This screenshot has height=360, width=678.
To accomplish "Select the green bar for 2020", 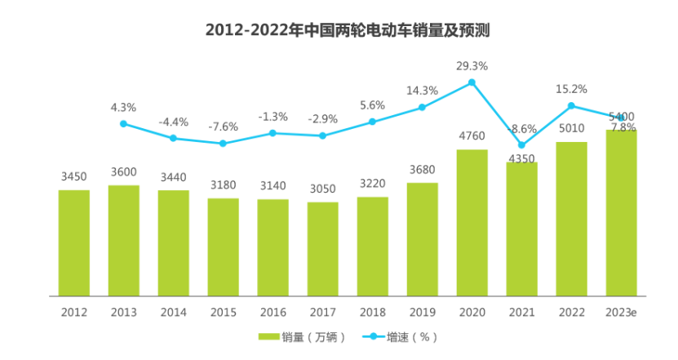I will (472, 222).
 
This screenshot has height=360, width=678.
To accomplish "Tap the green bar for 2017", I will (322, 248).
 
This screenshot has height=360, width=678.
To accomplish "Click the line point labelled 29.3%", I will (472, 82).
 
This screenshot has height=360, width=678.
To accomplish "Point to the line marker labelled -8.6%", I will (521, 145).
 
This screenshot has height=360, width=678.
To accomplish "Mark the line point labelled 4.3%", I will (123, 124).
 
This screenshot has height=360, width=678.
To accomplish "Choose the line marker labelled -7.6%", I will (223, 144).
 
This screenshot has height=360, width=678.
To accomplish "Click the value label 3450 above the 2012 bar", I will (74, 176).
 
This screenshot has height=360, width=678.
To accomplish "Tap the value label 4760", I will (472, 136).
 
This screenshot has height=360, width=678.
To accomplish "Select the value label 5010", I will (571, 128).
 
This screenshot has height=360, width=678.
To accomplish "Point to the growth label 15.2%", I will (571, 89).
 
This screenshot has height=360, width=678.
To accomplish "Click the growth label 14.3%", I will (422, 91).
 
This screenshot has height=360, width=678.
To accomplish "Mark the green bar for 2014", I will (173, 242).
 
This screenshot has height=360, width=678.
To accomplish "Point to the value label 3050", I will (322, 189).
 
